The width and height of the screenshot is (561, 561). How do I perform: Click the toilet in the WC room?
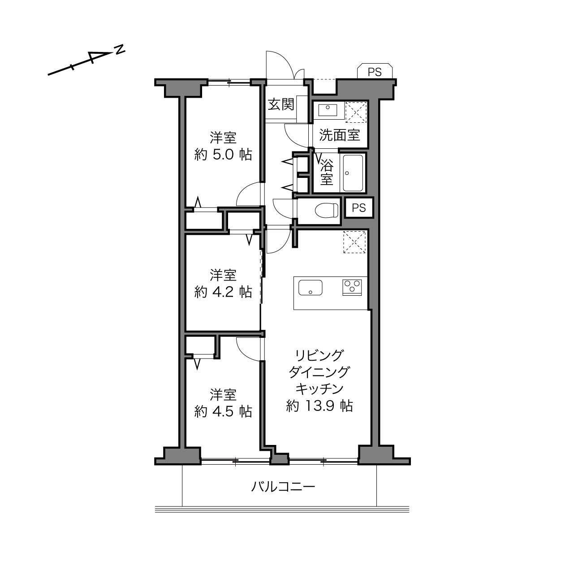coord(327,210)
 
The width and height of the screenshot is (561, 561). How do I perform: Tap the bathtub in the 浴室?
coord(353,173)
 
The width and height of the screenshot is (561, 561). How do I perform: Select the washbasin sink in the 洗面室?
coord(328,110)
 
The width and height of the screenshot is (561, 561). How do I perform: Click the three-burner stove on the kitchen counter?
coord(352,287)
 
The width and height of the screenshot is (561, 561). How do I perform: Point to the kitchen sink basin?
coord(311,287)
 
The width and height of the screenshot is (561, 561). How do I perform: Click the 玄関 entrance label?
coord(281,104)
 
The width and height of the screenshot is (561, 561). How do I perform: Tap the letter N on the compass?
coord(120,49)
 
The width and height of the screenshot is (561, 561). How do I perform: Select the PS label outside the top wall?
coord(375,72)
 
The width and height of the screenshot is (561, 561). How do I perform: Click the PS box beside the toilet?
coord(358,207)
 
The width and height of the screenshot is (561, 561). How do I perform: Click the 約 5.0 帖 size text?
coord(223,155)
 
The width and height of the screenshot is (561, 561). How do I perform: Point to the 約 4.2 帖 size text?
coord(223,292)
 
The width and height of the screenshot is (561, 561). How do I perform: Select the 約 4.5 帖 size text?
coord(223,412)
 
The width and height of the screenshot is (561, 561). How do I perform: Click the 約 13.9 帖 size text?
coord(319,406)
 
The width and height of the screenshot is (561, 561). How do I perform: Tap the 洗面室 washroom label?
coord(340,134)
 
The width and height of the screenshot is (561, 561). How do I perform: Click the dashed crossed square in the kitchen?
coord(354,242)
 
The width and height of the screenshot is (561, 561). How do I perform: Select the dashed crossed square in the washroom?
coord(356,112)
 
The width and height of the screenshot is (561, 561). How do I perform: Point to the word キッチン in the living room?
coord(319,388)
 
